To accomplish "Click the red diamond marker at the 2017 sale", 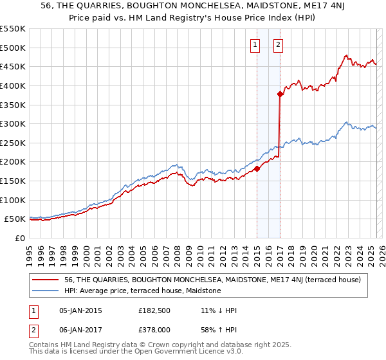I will pyautogui.click(x=280, y=94).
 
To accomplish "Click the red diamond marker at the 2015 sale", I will pyautogui.click(x=257, y=169).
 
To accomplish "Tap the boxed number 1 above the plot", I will pyautogui.click(x=255, y=44).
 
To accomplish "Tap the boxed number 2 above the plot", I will pyautogui.click(x=278, y=44).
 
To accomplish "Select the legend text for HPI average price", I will pyautogui.click(x=142, y=291).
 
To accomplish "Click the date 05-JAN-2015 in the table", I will pyautogui.click(x=80, y=310).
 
